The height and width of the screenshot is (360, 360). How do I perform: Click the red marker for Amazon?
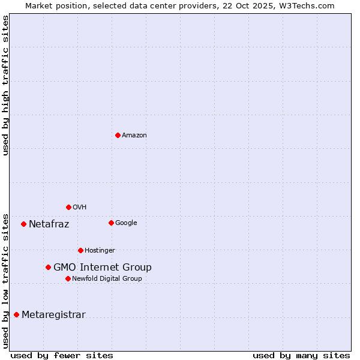tap(118, 135)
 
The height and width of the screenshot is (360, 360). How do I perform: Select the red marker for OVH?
tap(68, 207)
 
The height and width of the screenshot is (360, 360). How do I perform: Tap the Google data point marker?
tap(111, 223)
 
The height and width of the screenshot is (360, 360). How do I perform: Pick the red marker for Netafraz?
tap(23, 224)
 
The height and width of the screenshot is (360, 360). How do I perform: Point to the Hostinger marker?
tap(80, 250)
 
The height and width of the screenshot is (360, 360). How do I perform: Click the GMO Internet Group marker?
tap(48, 267)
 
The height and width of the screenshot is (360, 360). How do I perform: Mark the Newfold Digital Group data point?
tap(68, 278)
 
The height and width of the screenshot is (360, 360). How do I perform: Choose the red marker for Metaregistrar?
tap(16, 314)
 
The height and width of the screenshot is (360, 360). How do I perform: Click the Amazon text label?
tap(134, 136)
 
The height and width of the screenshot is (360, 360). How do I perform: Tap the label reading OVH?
tap(80, 208)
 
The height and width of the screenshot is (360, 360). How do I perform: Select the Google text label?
tap(126, 223)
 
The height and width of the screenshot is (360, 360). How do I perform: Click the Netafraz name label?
tap(49, 224)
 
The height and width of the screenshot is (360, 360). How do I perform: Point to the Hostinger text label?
tap(100, 251)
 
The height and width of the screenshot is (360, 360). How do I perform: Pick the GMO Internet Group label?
tap(103, 268)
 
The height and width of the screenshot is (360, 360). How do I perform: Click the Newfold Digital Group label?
tap(107, 279)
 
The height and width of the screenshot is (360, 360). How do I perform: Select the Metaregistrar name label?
tap(53, 315)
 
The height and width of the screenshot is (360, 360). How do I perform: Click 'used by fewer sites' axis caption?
tap(62, 355)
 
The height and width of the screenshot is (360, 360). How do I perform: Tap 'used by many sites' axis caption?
tap(301, 355)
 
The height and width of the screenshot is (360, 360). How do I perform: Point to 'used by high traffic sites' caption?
tap(5, 85)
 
